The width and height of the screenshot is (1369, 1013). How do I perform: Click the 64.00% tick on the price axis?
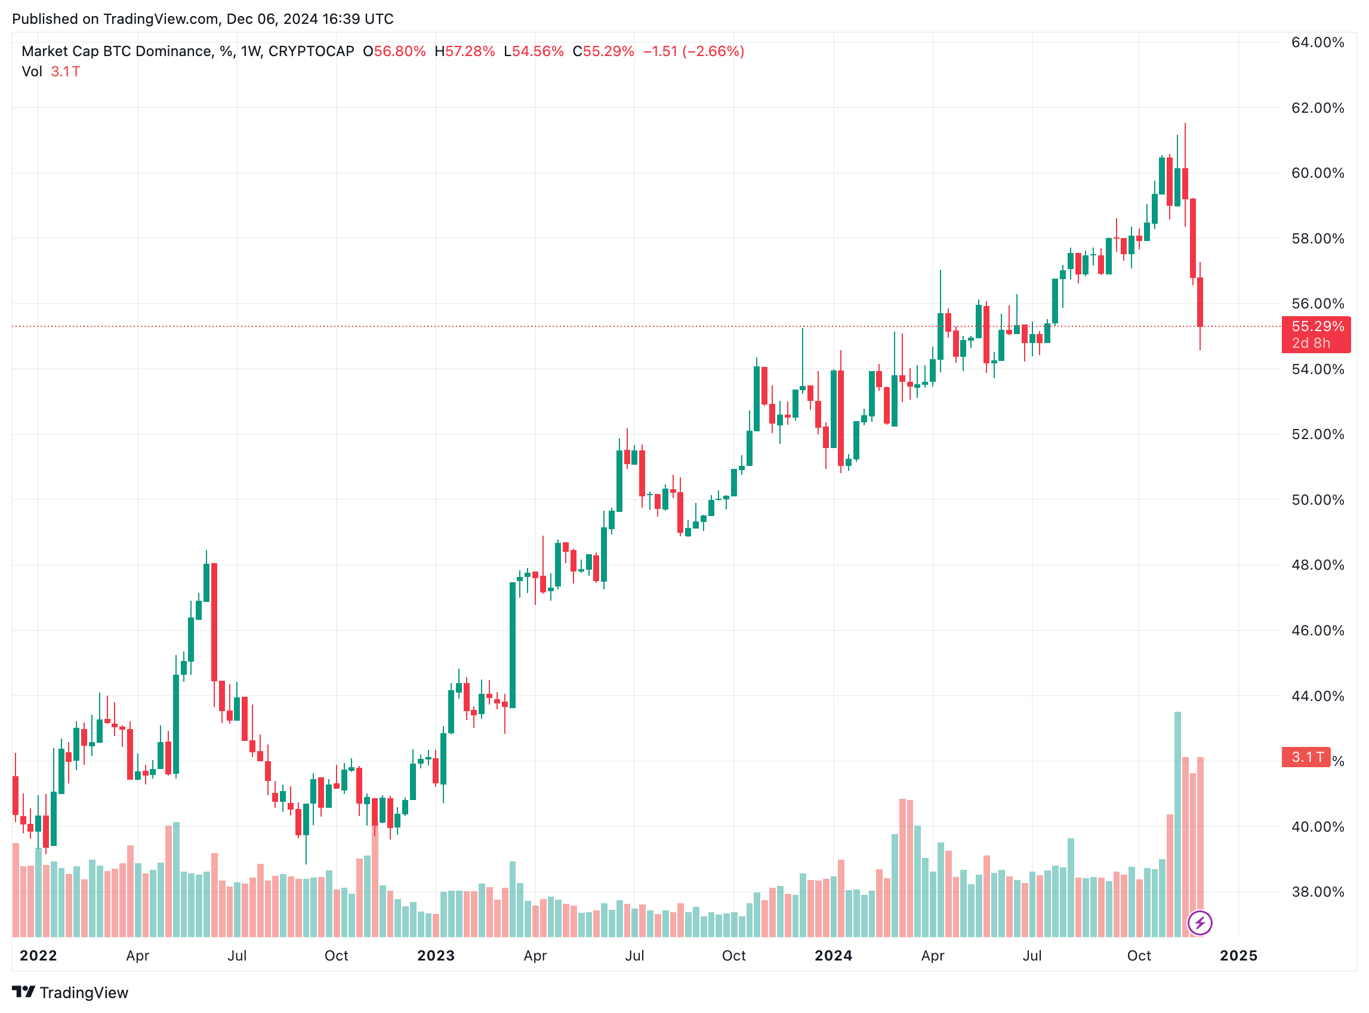coord(1317,42)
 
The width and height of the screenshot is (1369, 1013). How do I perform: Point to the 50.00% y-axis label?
coord(1317,500)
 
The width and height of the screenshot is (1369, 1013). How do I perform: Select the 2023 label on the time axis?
coord(436,955)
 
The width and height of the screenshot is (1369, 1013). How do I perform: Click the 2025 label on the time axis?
coord(1238,955)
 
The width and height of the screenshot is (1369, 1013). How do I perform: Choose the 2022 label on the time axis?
coord(38,955)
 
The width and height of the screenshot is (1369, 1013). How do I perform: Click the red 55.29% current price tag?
coord(1316,327)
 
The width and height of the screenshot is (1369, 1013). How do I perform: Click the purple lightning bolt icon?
coord(1199,923)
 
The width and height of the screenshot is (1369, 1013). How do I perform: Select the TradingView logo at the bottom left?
coord(70,993)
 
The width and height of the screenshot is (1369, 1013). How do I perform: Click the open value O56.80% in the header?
coord(394,51)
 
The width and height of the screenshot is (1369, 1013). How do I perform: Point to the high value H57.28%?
coord(464,51)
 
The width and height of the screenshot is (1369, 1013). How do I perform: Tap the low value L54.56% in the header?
coord(533,51)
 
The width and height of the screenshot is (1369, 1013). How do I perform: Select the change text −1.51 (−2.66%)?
coord(693,51)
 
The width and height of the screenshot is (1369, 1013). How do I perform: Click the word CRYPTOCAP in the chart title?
coord(311,51)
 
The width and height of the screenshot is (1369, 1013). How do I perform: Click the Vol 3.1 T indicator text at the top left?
coord(51,72)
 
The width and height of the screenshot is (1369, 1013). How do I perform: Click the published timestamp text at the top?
coord(202,19)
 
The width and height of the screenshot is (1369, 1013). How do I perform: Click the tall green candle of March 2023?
coord(512,645)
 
